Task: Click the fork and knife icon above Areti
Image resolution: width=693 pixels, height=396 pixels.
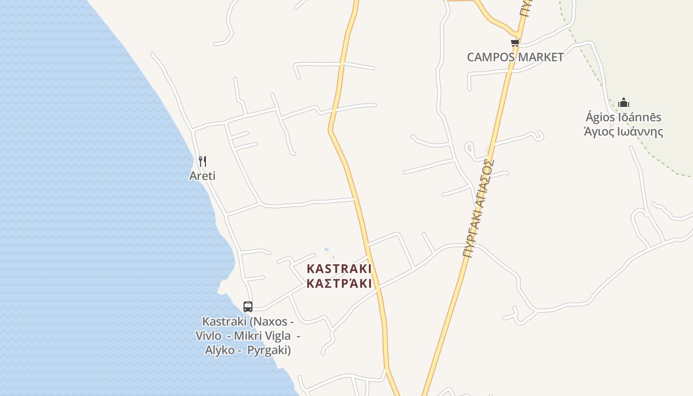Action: (202, 161)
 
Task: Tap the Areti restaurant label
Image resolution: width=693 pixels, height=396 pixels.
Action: (202, 176)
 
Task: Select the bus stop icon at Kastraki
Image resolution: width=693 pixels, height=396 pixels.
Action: (248, 307)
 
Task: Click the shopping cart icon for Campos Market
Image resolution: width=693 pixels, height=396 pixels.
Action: (515, 43)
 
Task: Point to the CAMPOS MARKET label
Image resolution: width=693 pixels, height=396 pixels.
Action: (515, 57)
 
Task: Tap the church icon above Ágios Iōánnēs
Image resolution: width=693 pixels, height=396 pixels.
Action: (624, 102)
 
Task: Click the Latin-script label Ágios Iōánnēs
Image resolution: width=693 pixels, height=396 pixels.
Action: (623, 117)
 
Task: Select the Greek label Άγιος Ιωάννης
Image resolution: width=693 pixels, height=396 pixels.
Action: (623, 132)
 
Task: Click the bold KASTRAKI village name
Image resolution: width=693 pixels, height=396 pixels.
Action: (339, 269)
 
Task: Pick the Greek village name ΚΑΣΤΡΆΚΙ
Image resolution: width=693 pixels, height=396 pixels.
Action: (339, 284)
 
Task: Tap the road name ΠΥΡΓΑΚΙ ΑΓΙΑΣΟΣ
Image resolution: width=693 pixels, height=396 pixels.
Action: (479, 208)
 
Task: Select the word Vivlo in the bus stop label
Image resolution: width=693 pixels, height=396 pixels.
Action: (208, 336)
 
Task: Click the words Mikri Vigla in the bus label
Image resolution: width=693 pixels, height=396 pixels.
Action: (262, 336)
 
